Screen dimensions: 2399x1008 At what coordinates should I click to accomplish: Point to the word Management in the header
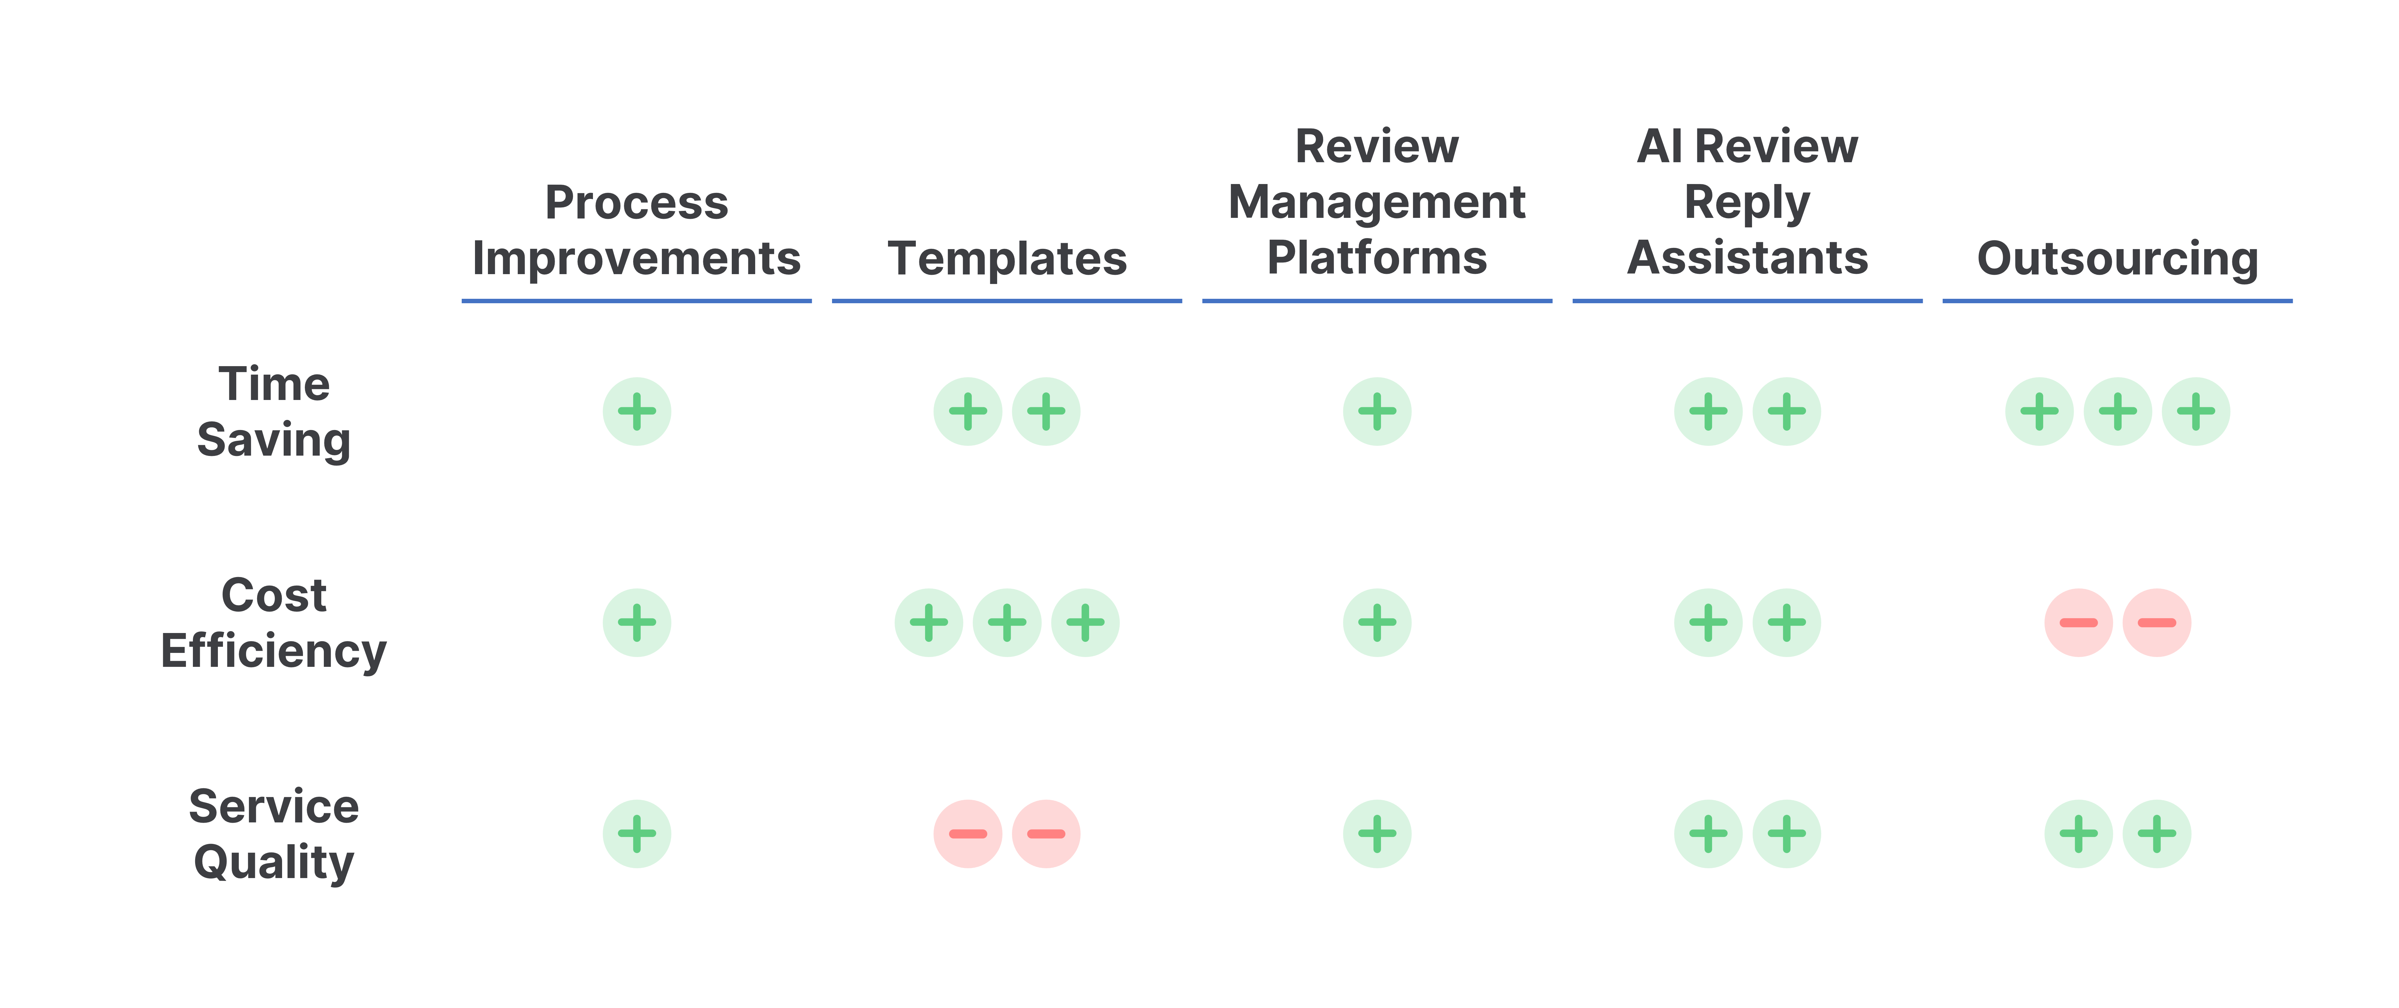(1377, 203)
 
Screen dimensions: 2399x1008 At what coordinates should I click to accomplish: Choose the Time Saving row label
(274, 411)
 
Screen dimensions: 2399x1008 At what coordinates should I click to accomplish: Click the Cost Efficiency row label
(274, 623)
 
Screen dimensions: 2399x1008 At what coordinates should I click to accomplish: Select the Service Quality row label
(274, 834)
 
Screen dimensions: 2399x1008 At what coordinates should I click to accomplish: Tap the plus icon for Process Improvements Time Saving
(637, 411)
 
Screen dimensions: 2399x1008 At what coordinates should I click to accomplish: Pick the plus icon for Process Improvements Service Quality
(637, 834)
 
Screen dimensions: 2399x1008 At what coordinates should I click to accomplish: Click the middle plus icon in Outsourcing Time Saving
(2118, 411)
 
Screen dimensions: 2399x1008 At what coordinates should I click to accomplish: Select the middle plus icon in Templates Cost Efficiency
(1007, 623)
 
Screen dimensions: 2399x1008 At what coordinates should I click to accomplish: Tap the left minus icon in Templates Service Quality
(968, 834)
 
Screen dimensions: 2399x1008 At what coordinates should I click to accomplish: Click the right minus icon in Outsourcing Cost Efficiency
(2157, 623)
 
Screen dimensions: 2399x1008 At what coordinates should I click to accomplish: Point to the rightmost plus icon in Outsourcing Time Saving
(2196, 411)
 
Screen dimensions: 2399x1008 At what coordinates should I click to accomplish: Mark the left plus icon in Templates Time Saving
(968, 411)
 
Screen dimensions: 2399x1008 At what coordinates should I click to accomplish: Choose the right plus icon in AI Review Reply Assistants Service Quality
(1786, 834)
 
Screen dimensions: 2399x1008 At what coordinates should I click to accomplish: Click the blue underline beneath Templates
(1007, 301)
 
